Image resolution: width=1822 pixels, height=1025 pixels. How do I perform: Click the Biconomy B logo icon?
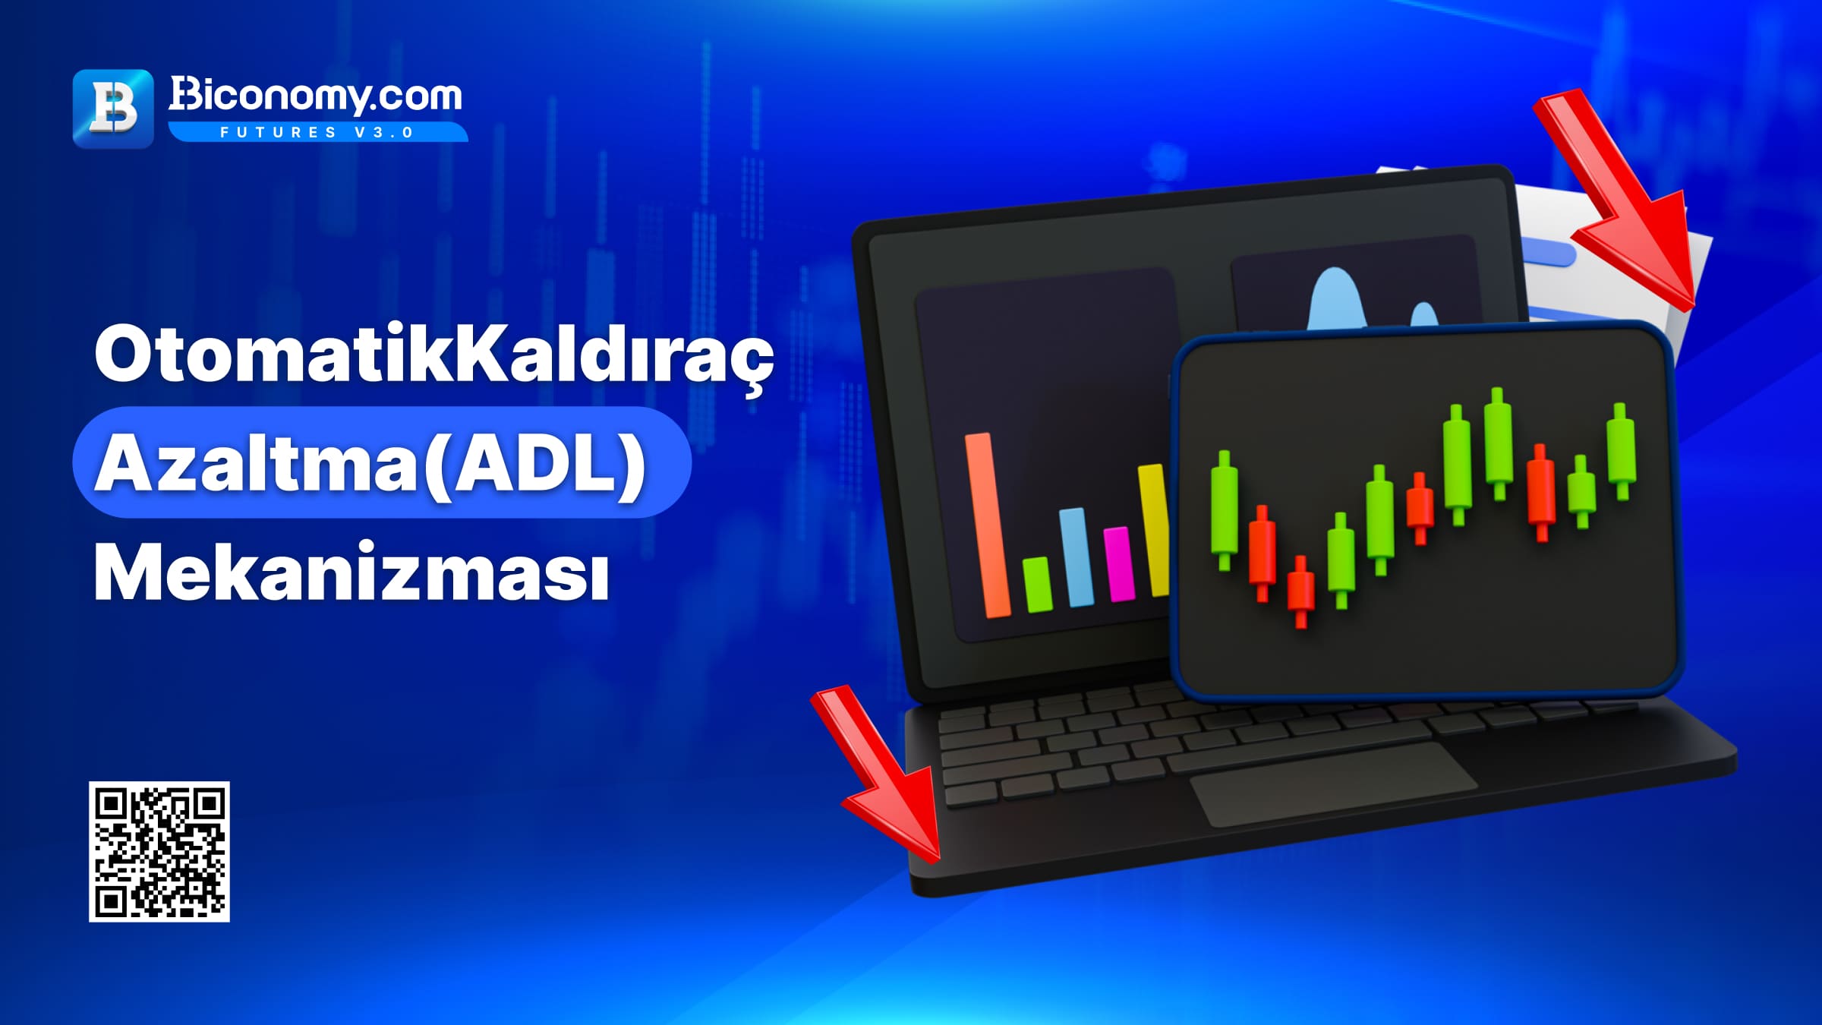click(113, 109)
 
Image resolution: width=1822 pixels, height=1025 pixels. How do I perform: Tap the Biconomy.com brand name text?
click(315, 96)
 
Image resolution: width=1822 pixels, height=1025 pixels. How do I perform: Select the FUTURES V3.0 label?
click(317, 132)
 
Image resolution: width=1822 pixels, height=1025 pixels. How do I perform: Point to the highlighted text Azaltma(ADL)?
click(370, 463)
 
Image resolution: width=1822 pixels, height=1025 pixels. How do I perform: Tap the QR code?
click(159, 852)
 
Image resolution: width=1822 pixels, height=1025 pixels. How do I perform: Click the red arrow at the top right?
click(1617, 201)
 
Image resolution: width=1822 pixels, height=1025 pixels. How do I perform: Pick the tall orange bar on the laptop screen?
click(987, 525)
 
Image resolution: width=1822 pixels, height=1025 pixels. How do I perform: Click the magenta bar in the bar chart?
click(1119, 564)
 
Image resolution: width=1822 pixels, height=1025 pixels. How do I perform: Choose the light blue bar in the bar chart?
click(1076, 557)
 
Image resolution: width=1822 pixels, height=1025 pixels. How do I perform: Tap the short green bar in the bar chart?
click(1037, 585)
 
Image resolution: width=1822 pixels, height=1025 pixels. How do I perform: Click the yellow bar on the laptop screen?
click(1154, 530)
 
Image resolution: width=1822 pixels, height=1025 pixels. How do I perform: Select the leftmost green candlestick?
click(1224, 510)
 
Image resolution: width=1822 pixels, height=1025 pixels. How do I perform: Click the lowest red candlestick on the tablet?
click(1300, 591)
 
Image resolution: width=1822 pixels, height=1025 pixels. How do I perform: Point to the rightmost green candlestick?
click(1622, 451)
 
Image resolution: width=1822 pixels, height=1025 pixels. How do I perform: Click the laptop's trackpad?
click(1334, 784)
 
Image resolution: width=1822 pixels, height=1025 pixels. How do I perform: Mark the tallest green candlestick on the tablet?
click(1499, 443)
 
